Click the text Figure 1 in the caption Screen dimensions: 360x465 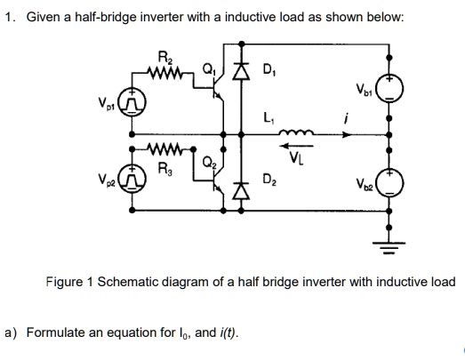tap(72, 282)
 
